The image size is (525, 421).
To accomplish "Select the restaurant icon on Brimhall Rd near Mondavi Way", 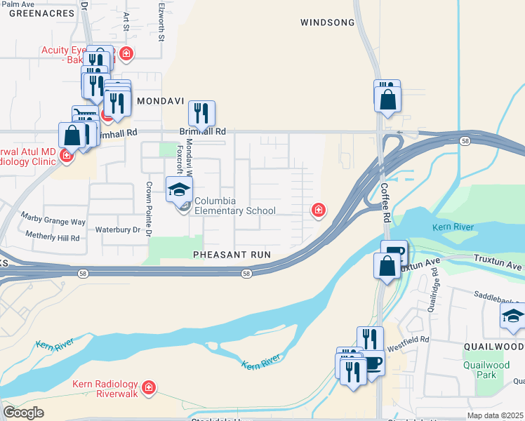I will pyautogui.click(x=201, y=113).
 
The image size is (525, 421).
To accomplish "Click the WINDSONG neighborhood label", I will pyautogui.click(x=328, y=22).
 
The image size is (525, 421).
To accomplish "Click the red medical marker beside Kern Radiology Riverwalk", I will pyautogui.click(x=148, y=387).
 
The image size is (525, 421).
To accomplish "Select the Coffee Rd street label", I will pyautogui.click(x=386, y=203).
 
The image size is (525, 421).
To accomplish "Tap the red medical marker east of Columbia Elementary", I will pyautogui.click(x=318, y=209).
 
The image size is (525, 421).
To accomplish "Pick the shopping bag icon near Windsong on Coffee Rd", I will pyautogui.click(x=387, y=98).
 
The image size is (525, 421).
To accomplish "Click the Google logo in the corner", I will pyautogui.click(x=23, y=413).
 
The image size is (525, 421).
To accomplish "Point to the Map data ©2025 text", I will pyautogui.click(x=495, y=415).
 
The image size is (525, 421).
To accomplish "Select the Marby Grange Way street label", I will pyautogui.click(x=53, y=221).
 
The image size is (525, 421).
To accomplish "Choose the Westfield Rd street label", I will pyautogui.click(x=409, y=341).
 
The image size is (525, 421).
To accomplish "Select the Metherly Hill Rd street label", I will pyautogui.click(x=53, y=238).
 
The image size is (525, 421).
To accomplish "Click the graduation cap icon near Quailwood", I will pyautogui.click(x=513, y=316).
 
